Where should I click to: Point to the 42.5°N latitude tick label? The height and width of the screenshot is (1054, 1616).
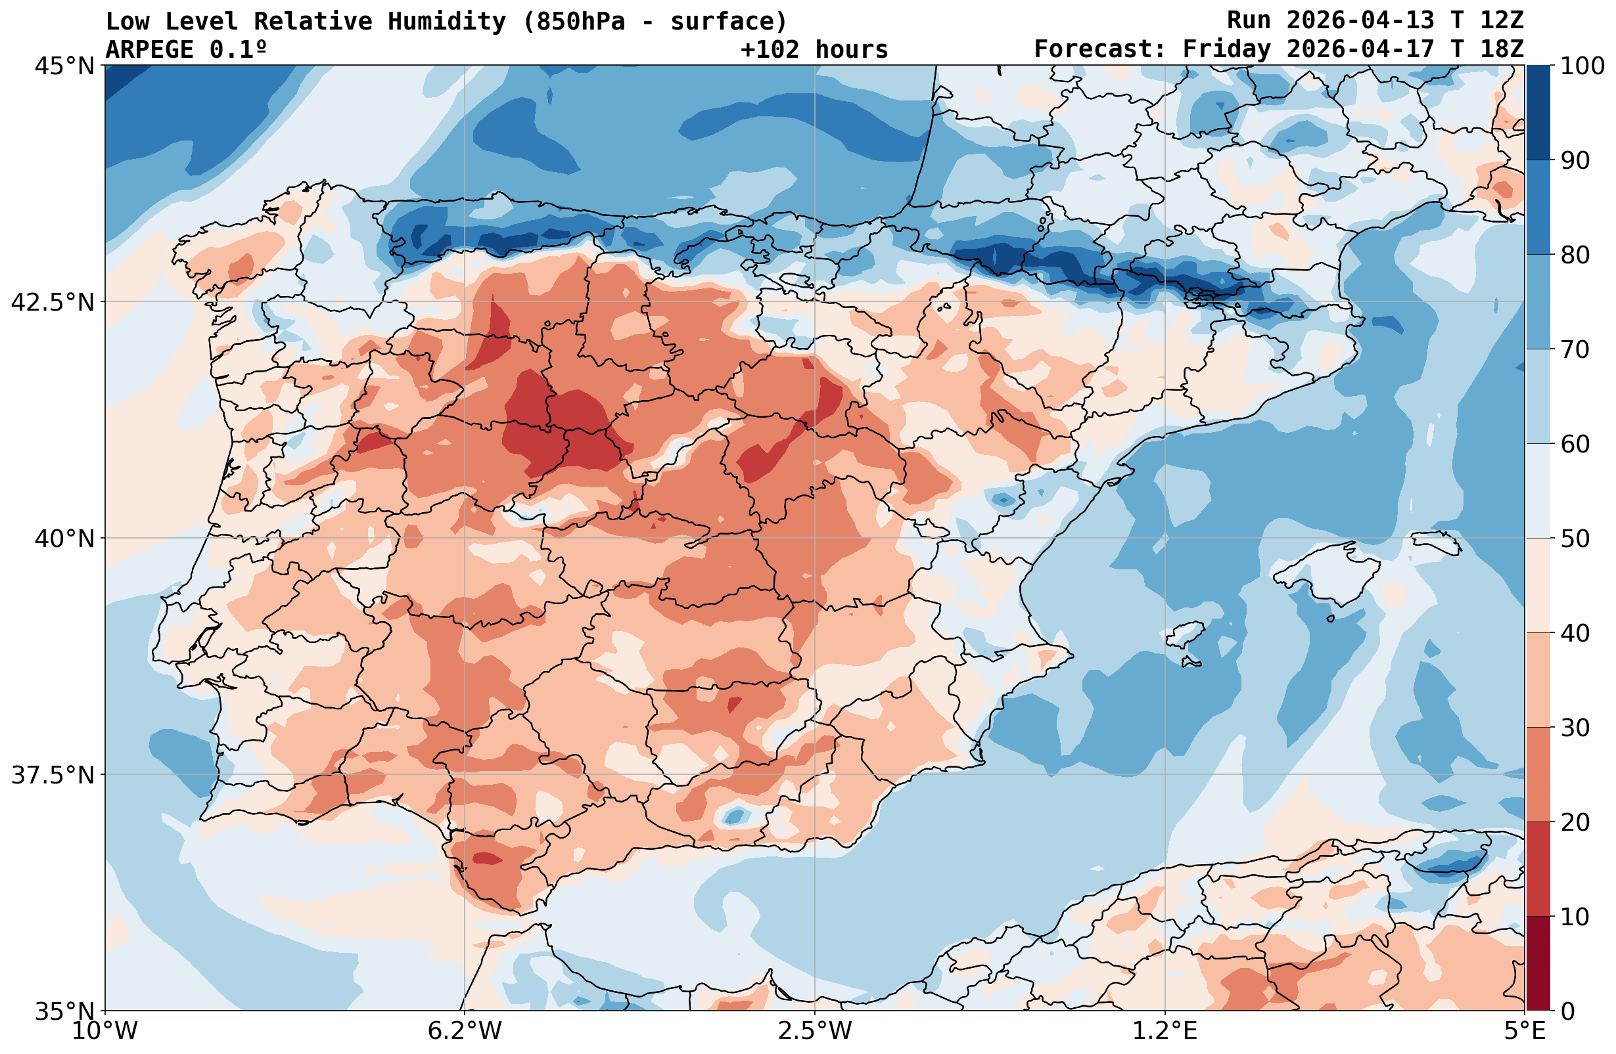(x=53, y=302)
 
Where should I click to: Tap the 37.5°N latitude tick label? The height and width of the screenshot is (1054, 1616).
(x=53, y=774)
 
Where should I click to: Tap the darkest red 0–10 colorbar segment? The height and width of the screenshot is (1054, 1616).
(x=1538, y=963)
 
